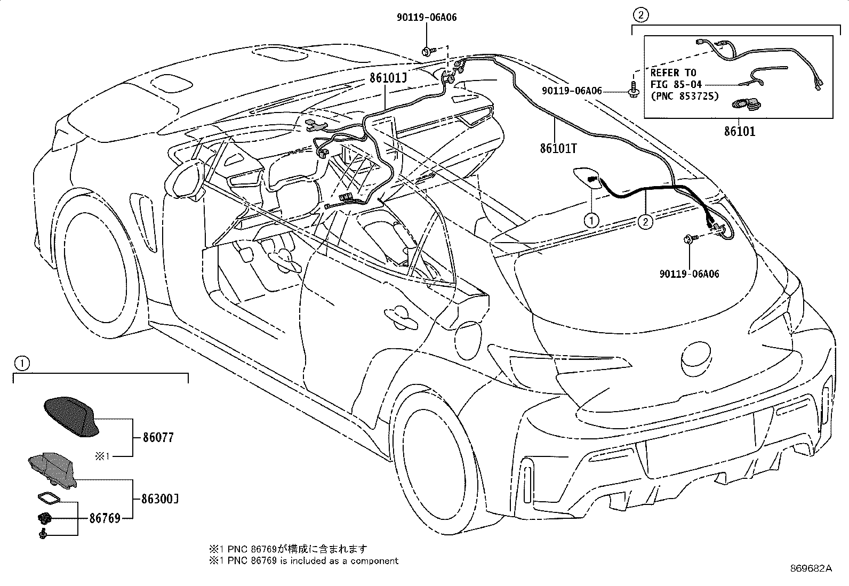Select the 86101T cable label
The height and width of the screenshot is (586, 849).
[558, 148]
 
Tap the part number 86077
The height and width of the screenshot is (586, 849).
[158, 437]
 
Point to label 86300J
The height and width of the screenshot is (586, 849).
[159, 500]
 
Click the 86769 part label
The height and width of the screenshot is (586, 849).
[105, 518]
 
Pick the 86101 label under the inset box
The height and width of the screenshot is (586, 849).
[739, 131]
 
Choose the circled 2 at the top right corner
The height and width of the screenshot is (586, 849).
[640, 15]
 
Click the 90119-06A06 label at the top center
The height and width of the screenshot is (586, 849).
[427, 18]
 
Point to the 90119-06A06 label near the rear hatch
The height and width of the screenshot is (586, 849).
[689, 274]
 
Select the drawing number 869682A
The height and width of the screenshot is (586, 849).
[811, 568]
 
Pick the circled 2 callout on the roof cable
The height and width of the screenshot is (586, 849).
[645, 222]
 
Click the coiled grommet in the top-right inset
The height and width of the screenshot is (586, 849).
[742, 104]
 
